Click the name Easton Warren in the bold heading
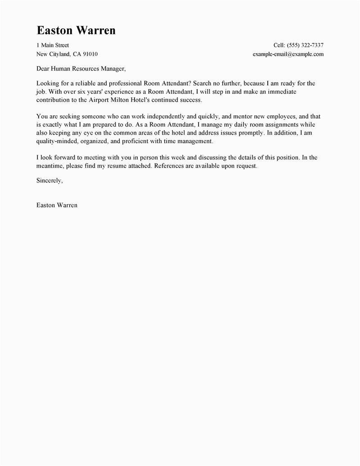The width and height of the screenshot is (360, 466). pyautogui.click(x=76, y=31)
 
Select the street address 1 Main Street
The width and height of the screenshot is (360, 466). pyautogui.click(x=52, y=45)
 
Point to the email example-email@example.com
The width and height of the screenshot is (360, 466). pyautogui.click(x=288, y=54)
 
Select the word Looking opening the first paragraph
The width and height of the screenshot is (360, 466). pyautogui.click(x=49, y=83)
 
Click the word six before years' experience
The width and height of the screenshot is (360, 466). pyautogui.click(x=88, y=91)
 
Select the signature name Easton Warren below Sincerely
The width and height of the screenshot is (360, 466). pyautogui.click(x=57, y=205)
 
